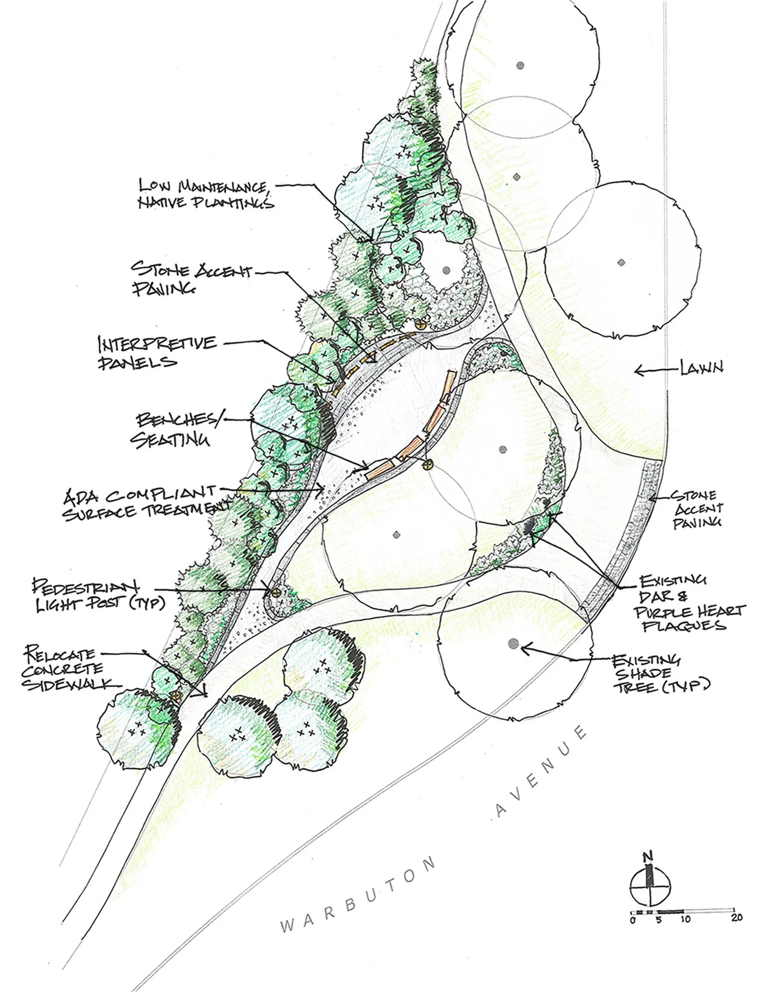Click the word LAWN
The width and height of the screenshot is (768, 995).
point(701,368)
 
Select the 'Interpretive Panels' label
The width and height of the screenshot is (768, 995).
point(157,352)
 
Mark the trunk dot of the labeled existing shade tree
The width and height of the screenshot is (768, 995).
point(513,644)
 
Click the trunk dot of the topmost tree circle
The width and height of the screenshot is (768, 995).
point(520,64)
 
